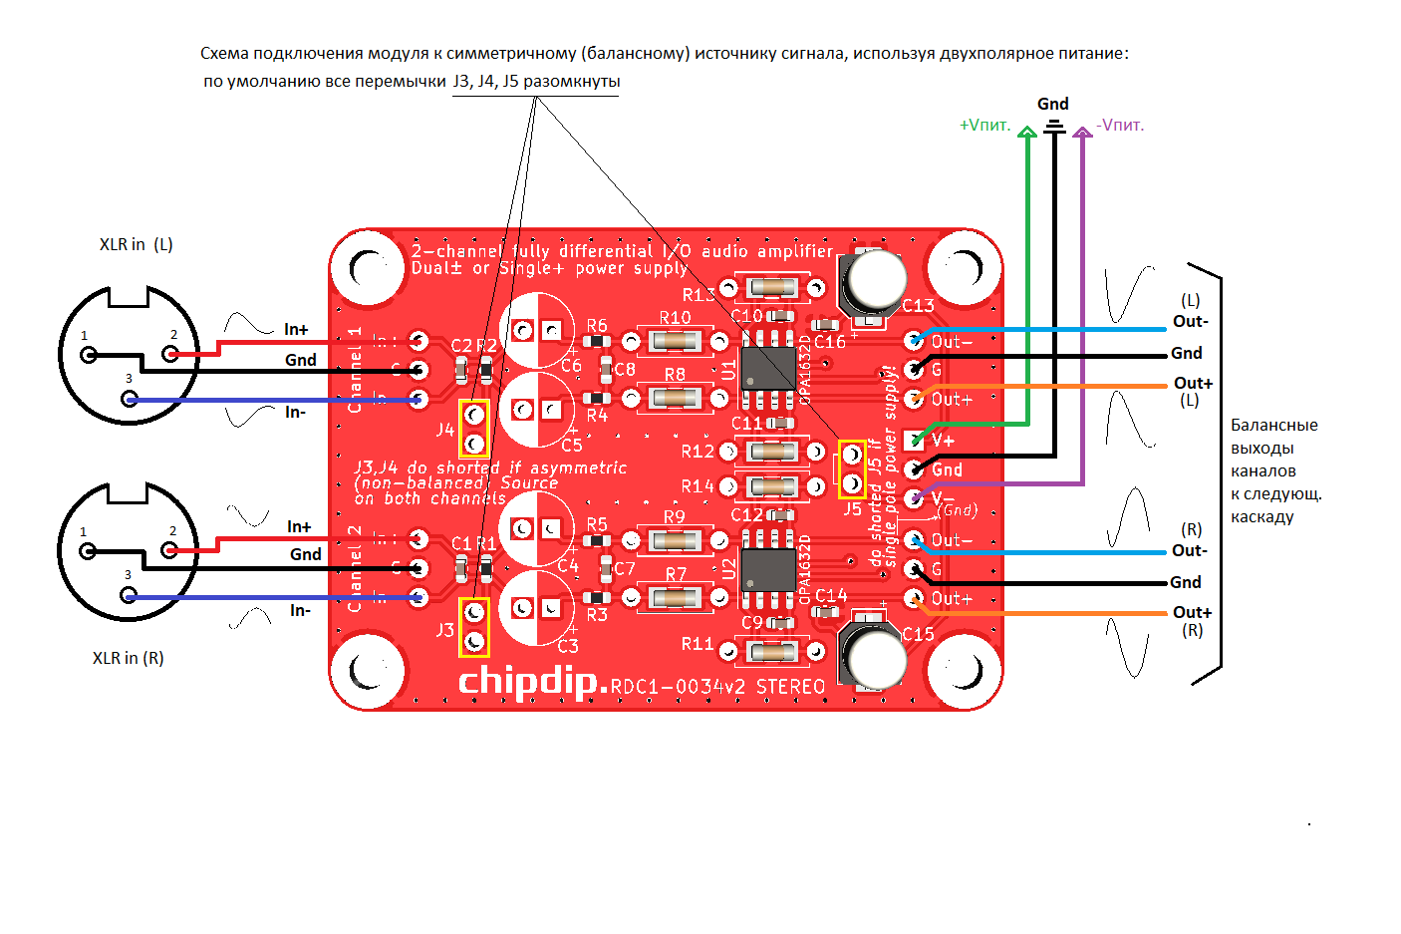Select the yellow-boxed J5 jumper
click(852, 468)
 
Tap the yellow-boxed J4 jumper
click(474, 428)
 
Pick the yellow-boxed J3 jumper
click(474, 626)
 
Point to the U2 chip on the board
click(768, 569)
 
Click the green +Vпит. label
click(984, 126)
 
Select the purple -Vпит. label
click(1120, 126)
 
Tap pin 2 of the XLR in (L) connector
click(170, 353)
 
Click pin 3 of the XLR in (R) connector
click(129, 595)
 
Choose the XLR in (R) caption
click(128, 658)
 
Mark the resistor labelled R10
click(675, 342)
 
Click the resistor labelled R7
click(675, 598)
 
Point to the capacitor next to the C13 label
click(874, 281)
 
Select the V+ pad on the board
click(914, 440)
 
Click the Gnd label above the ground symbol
click(1052, 104)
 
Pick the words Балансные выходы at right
click(1273, 437)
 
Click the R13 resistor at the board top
click(772, 288)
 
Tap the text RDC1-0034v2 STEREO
click(717, 687)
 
